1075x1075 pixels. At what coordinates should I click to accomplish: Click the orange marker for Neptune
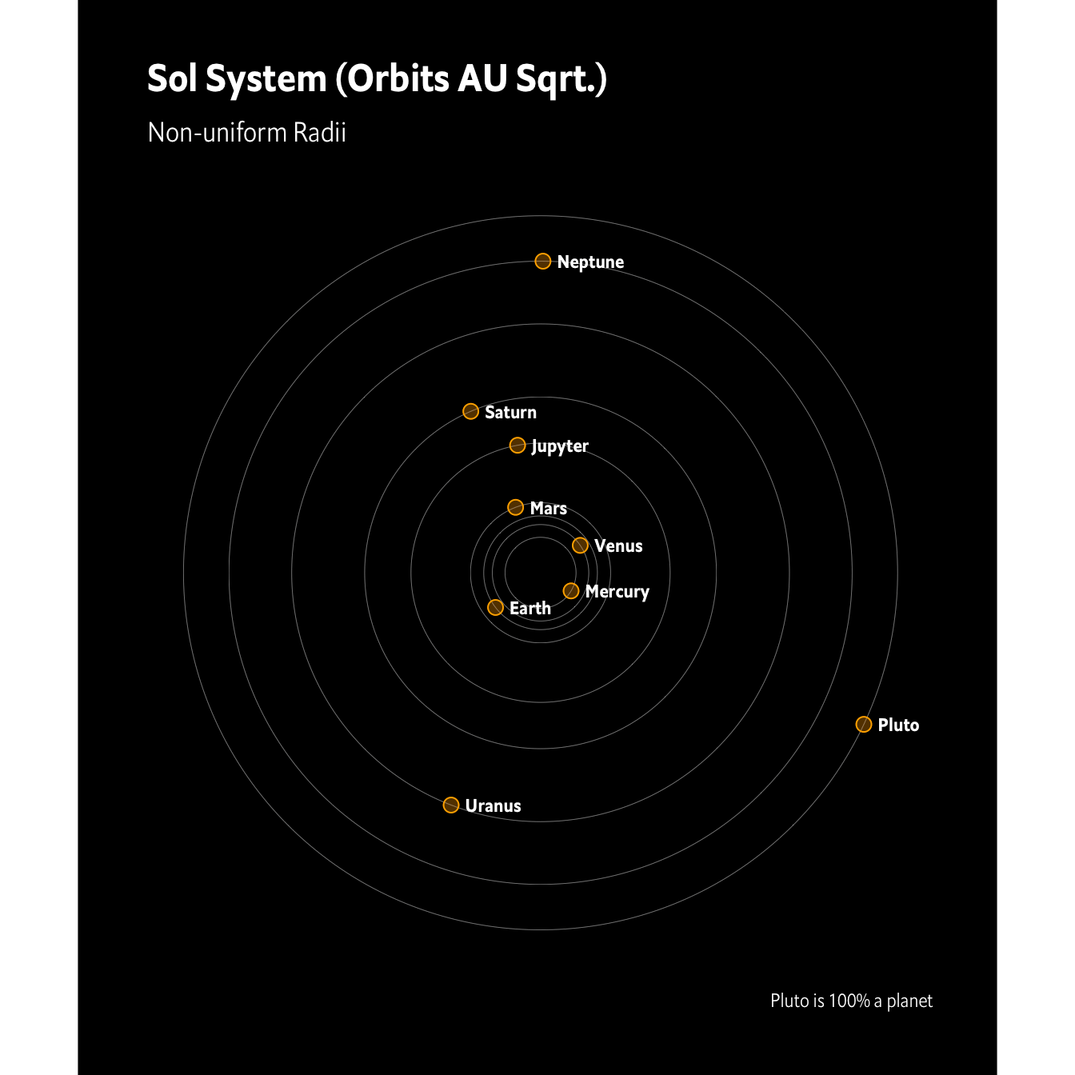542,261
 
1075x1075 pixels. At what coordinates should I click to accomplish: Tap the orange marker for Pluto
863,724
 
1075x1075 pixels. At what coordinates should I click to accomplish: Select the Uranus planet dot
451,805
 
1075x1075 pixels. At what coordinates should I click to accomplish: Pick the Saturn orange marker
470,411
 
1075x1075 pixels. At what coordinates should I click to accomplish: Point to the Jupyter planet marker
518,445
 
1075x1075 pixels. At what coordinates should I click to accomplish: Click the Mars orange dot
516,507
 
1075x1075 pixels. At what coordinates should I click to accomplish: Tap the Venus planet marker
580,545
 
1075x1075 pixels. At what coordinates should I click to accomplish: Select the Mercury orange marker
570,591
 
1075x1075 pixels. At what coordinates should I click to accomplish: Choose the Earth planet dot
495,607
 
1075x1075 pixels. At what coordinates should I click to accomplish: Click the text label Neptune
590,262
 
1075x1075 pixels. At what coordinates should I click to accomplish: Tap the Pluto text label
898,725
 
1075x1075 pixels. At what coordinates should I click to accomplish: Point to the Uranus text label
493,805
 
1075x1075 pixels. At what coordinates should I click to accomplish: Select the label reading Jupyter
560,446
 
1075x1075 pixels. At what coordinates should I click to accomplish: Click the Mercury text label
617,592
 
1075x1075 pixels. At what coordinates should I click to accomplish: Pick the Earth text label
530,608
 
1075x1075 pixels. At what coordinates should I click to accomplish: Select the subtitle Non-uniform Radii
246,132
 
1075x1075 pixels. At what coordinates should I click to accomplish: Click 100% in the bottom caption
849,1001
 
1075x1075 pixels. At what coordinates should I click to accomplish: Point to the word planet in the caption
909,1001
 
